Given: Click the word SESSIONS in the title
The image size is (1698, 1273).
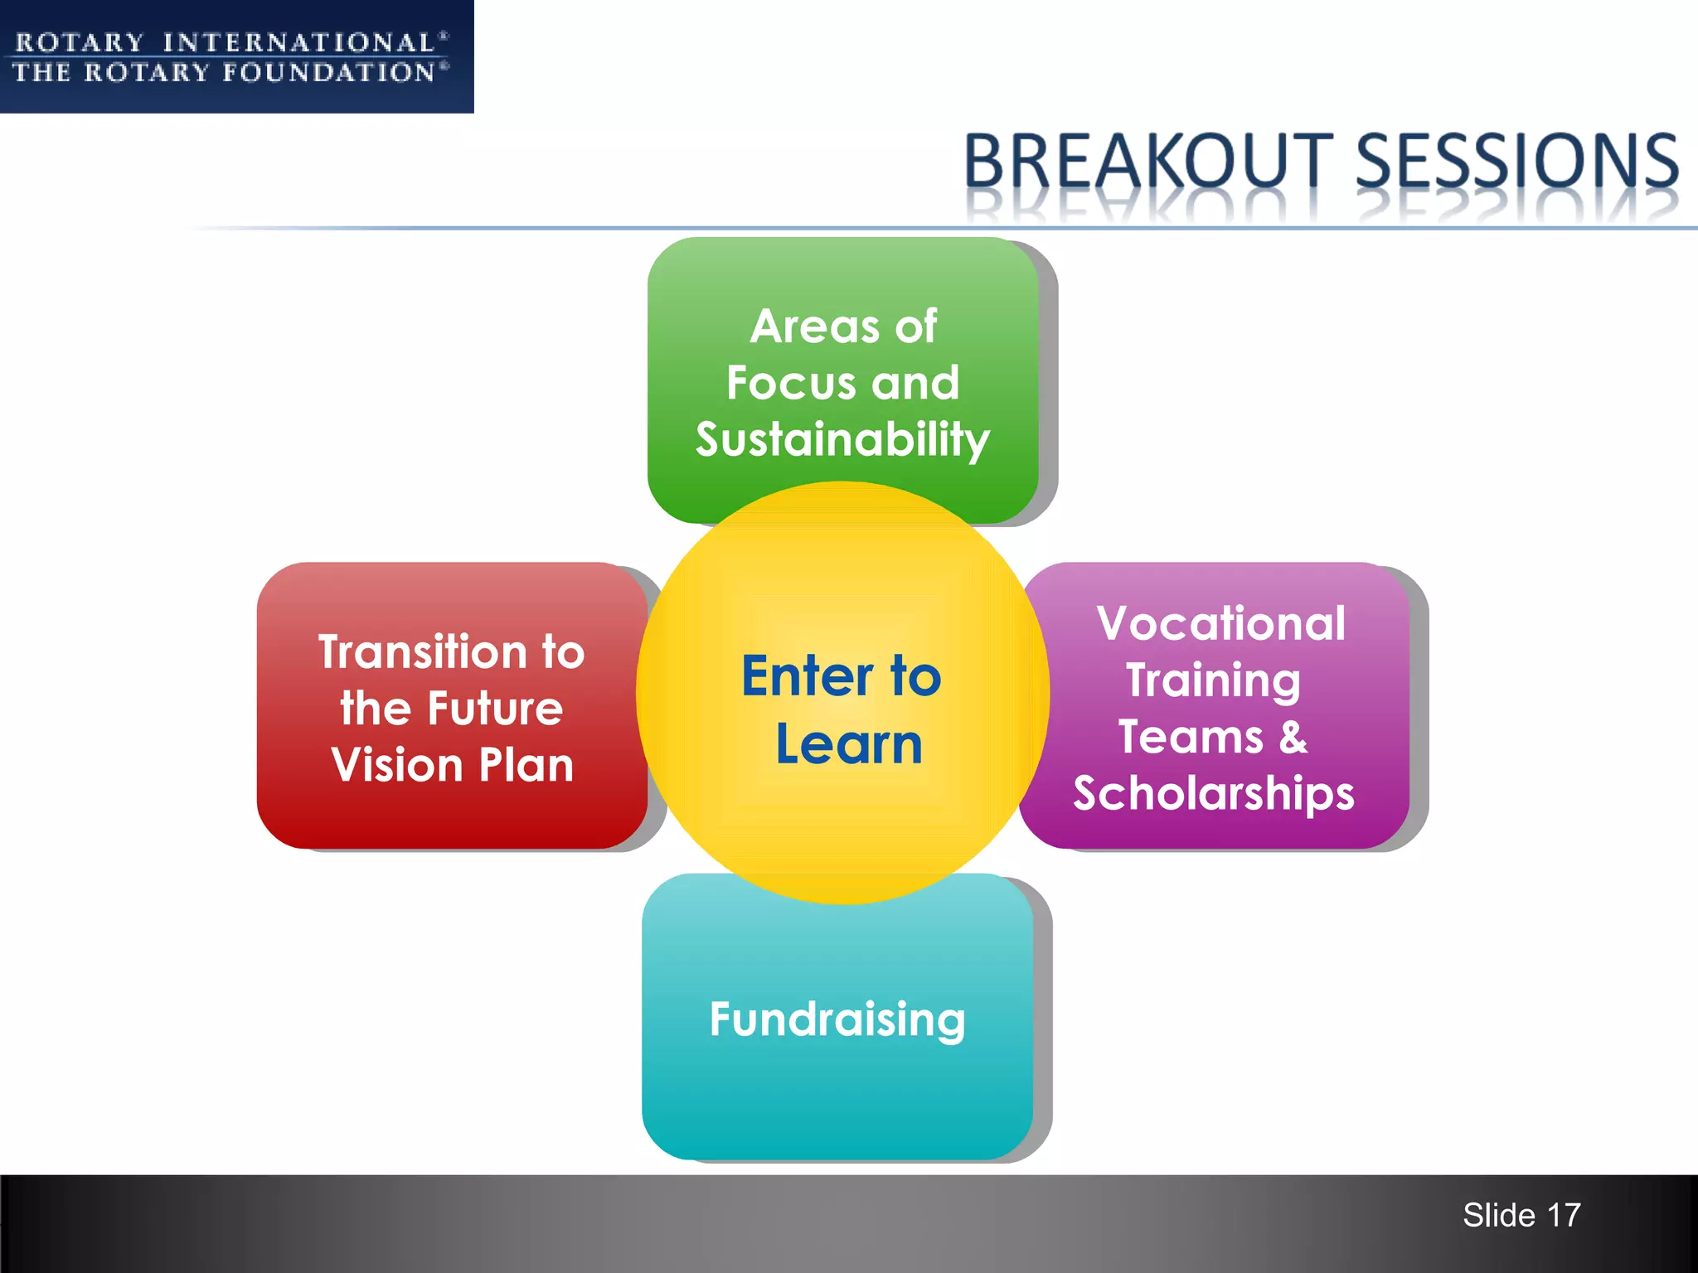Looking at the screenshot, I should click(x=1516, y=161).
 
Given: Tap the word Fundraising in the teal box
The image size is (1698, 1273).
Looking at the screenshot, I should click(x=837, y=1019).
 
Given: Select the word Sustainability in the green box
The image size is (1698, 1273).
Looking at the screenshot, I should click(x=842, y=439).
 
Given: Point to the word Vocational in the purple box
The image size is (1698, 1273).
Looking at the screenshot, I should click(x=1220, y=623).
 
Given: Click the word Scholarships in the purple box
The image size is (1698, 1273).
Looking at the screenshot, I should click(x=1214, y=794).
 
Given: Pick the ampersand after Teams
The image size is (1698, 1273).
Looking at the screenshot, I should click(x=1293, y=737).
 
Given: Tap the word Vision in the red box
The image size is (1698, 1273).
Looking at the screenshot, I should click(x=396, y=765).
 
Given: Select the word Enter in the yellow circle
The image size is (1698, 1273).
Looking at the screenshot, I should click(x=808, y=676).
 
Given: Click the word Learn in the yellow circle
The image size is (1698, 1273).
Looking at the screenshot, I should click(x=849, y=744).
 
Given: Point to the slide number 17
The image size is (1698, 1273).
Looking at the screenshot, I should click(x=1564, y=1216).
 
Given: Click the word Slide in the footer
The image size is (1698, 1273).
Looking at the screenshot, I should click(x=1499, y=1216).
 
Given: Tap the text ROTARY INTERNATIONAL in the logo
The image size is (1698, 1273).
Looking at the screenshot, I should click(x=226, y=42).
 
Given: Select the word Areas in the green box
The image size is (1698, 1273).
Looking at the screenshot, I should click(x=814, y=327).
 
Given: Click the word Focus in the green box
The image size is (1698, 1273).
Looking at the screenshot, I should click(x=791, y=383).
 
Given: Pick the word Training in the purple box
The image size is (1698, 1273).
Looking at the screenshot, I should click(x=1213, y=681).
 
